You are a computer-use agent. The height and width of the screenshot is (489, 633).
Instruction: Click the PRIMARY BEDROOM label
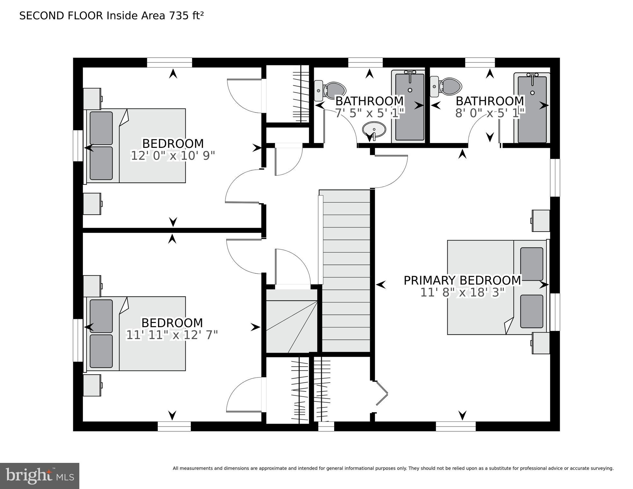click(x=462, y=280)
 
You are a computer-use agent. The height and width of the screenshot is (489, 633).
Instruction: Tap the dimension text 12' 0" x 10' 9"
click(x=173, y=156)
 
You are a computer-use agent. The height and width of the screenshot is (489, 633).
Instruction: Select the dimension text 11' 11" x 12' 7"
click(x=172, y=335)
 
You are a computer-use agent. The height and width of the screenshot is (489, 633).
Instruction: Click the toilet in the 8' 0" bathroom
click(x=446, y=86)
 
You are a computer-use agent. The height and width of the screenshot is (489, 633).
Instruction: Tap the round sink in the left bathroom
click(x=374, y=130)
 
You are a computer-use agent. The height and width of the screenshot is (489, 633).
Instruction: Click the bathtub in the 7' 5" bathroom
click(x=410, y=106)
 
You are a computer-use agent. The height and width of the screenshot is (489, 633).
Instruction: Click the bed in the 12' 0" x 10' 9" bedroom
click(x=134, y=146)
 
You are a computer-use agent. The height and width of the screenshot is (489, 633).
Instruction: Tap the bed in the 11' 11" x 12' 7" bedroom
click(x=134, y=334)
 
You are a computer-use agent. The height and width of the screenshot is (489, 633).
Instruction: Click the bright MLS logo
click(x=40, y=476)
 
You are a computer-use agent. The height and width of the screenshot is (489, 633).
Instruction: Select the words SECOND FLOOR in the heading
click(x=61, y=16)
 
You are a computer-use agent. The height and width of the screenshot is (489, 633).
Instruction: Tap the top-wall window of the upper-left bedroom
click(x=169, y=62)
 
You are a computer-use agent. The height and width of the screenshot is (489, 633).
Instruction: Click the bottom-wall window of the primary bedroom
click(x=456, y=426)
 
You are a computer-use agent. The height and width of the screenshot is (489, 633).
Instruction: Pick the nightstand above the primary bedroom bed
click(x=541, y=221)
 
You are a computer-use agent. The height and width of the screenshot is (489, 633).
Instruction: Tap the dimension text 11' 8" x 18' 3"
click(x=463, y=292)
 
